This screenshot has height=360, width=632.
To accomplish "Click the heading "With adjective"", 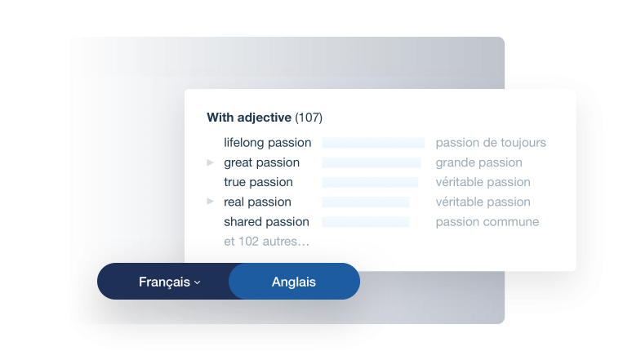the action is click(249, 118).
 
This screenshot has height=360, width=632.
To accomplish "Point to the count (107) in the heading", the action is click(309, 118).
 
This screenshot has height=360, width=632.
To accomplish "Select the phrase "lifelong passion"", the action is click(268, 143).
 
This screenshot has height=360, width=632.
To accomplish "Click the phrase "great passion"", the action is click(261, 162).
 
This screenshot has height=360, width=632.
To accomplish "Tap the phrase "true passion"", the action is click(258, 182).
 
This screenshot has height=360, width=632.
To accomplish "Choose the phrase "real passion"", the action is click(257, 202).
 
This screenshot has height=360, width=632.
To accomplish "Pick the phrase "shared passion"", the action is click(266, 222).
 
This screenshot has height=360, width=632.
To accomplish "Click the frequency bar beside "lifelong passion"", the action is click(373, 143).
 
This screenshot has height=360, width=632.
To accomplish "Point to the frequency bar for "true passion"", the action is click(370, 182).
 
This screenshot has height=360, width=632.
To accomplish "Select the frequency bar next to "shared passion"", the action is click(366, 222).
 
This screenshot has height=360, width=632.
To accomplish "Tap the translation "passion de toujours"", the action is click(491, 143).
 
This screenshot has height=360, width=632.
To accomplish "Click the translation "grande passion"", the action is click(478, 162).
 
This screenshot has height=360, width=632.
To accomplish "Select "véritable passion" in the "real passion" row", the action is click(483, 202).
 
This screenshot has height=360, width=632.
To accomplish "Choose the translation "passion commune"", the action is click(487, 222).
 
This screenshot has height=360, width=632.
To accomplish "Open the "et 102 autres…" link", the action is click(267, 242).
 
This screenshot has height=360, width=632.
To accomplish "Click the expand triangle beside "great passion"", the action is click(210, 162).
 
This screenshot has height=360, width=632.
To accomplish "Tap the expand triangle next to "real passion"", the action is click(210, 201).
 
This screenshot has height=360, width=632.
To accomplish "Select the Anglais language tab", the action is click(294, 282).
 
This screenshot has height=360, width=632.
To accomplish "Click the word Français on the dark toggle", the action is click(164, 282).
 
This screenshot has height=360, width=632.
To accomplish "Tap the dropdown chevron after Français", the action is click(197, 282).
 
